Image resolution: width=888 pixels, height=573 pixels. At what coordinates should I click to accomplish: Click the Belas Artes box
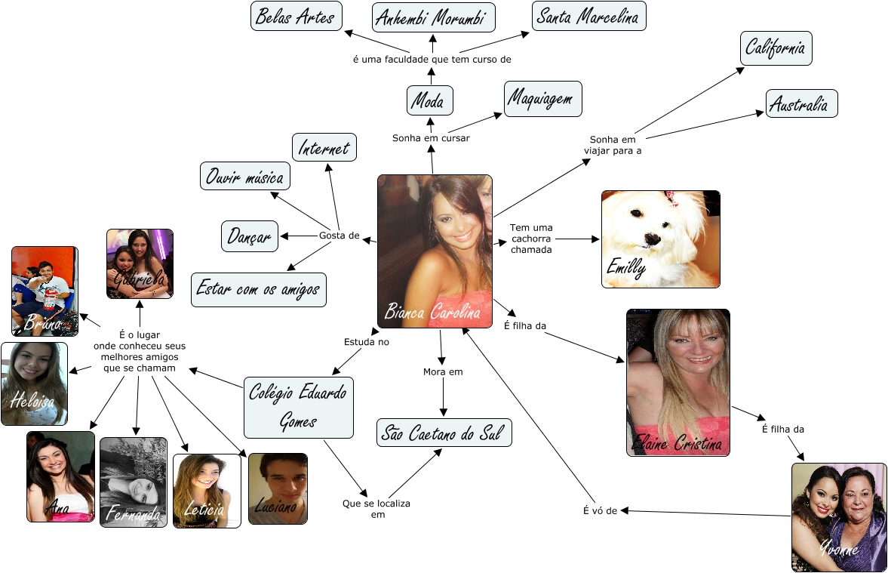pyautogui.click(x=296, y=17)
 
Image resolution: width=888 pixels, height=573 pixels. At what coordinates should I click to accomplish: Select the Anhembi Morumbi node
pyautogui.click(x=433, y=17)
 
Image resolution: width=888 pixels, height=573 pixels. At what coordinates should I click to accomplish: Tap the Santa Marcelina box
pyautogui.click(x=588, y=17)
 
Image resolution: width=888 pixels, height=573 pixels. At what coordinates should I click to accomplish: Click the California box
pyautogui.click(x=776, y=48)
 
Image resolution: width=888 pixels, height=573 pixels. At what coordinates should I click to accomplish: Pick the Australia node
pyautogui.click(x=801, y=103)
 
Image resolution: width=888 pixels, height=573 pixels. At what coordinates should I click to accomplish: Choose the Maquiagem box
pyautogui.click(x=543, y=98)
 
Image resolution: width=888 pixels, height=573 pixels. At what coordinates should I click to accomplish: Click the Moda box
pyautogui.click(x=430, y=100)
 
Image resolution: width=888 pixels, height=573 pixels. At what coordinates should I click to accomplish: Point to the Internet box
pyautogui.click(x=324, y=147)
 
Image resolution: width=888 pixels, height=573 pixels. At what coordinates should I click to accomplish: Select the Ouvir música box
pyautogui.click(x=245, y=177)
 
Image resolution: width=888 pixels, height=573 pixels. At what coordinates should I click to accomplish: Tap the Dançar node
pyautogui.click(x=250, y=236)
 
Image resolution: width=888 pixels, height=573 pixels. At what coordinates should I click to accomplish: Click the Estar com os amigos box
pyautogui.click(x=259, y=289)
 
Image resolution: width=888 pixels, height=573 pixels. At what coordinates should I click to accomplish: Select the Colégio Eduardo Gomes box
pyautogui.click(x=299, y=408)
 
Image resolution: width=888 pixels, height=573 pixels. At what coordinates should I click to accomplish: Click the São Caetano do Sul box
pyautogui.click(x=444, y=433)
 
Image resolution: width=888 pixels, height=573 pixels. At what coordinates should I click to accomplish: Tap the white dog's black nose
pyautogui.click(x=650, y=240)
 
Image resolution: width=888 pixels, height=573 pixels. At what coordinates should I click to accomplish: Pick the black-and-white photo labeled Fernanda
pyautogui.click(x=134, y=482)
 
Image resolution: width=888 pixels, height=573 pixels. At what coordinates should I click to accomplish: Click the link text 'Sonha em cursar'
pyautogui.click(x=431, y=138)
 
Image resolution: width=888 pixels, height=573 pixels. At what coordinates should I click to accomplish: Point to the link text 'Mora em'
pyautogui.click(x=443, y=371)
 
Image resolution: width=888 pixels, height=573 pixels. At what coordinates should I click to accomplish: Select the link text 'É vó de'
pyautogui.click(x=600, y=511)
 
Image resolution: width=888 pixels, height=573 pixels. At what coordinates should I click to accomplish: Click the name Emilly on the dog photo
pyautogui.click(x=625, y=269)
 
